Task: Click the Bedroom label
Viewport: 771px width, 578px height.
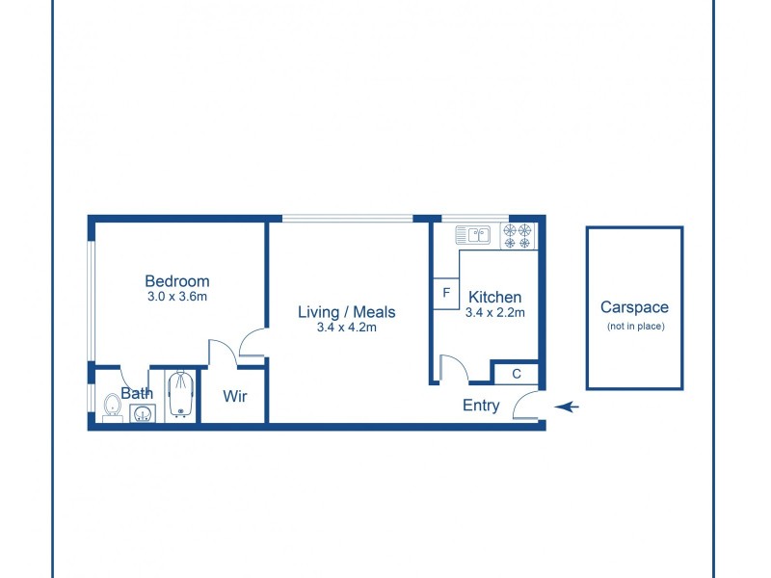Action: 176,281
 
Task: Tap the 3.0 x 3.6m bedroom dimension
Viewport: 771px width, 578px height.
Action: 176,297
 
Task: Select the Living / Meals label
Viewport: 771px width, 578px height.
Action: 346,312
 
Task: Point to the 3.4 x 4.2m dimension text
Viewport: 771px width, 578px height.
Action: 346,328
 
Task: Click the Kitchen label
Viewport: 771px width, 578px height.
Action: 494,297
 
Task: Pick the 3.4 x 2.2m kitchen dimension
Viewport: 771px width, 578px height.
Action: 494,312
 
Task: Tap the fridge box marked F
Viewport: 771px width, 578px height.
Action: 446,293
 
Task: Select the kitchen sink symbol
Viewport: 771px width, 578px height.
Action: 473,233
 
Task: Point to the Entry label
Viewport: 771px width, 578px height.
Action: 481,406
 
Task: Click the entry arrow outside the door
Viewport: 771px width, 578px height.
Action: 567,407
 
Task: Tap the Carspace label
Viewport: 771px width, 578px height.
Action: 634,308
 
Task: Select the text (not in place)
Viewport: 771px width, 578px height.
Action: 635,327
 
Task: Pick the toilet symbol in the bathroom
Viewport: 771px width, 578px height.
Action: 112,407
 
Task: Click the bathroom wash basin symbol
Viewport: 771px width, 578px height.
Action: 143,414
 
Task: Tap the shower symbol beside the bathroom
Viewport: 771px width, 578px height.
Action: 180,395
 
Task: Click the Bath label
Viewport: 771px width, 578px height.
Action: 137,393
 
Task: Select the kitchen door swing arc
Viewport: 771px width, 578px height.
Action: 454,367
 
